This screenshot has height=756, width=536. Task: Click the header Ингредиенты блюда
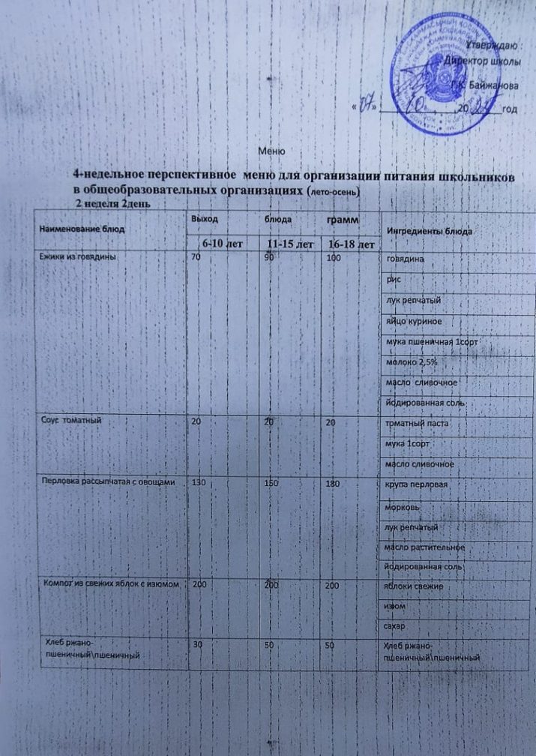pos(428,231)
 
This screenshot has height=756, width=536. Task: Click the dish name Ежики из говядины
pos(79,256)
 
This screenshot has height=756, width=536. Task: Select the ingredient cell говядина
pos(406,259)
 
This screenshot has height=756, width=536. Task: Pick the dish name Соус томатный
pos(70,421)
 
